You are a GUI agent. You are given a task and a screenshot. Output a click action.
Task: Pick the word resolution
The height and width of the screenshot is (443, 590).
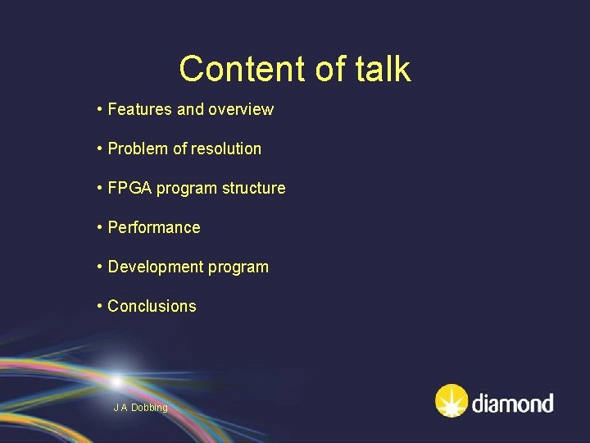[225, 148]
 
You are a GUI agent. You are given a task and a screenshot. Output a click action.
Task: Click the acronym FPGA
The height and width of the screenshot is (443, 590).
[130, 188]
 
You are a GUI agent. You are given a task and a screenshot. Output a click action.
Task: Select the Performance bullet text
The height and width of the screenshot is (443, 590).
[154, 227]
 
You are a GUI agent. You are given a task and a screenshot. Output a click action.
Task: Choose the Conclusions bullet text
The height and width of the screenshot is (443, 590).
[152, 306]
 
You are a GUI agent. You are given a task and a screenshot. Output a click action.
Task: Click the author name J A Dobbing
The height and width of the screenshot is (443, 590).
[140, 408]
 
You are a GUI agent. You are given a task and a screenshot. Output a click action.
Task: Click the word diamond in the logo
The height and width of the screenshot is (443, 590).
[512, 403]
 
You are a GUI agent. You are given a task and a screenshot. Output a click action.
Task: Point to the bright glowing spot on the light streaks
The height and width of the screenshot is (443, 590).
[117, 381]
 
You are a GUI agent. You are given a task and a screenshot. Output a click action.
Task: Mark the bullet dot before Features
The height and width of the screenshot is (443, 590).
[99, 109]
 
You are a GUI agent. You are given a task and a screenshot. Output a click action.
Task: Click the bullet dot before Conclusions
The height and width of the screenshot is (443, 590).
[99, 306]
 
